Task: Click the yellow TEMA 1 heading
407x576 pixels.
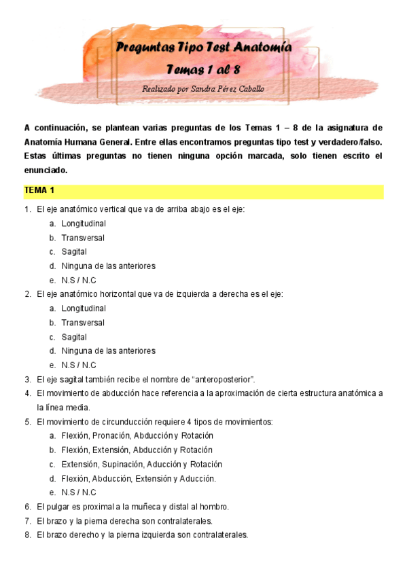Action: (x=39, y=190)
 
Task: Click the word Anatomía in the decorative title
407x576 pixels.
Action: (x=263, y=48)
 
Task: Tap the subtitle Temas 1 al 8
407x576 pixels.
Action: (x=202, y=70)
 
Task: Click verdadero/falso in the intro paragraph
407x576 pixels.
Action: (x=351, y=142)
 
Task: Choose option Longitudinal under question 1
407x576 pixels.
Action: (x=84, y=223)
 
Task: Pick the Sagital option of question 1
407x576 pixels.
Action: (x=74, y=252)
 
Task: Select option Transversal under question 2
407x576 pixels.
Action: (x=83, y=323)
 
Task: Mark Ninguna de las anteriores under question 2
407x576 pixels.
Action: (x=108, y=351)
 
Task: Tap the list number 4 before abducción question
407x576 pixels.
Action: (x=28, y=393)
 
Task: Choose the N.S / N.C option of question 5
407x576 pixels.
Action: (x=78, y=492)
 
